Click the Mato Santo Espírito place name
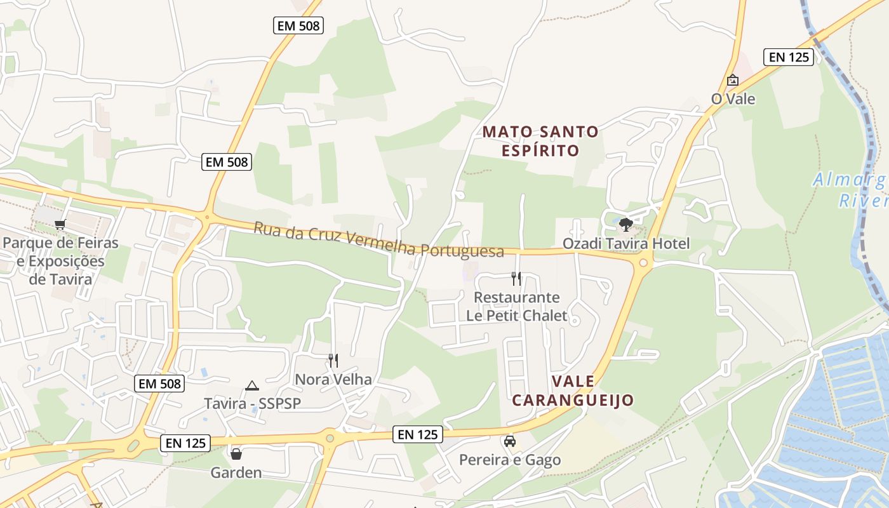(x=540, y=141)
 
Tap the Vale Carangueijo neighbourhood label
(x=573, y=391)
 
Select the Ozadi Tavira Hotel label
(x=625, y=244)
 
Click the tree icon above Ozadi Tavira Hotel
(x=625, y=224)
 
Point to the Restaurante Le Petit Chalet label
(x=516, y=306)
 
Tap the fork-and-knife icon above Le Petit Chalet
(x=516, y=278)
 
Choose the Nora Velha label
(x=333, y=380)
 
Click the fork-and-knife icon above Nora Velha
(x=333, y=361)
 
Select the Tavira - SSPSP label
(x=252, y=404)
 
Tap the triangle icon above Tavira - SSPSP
(x=252, y=385)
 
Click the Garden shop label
(x=236, y=472)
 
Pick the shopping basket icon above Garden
(x=236, y=454)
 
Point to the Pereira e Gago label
(x=509, y=460)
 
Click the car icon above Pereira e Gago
(x=509, y=441)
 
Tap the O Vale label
(x=733, y=99)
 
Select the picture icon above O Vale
(x=732, y=81)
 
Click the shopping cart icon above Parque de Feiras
(x=60, y=224)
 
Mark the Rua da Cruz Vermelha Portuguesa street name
(x=378, y=239)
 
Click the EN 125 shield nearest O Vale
(x=788, y=57)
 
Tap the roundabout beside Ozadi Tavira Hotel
(x=643, y=262)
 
